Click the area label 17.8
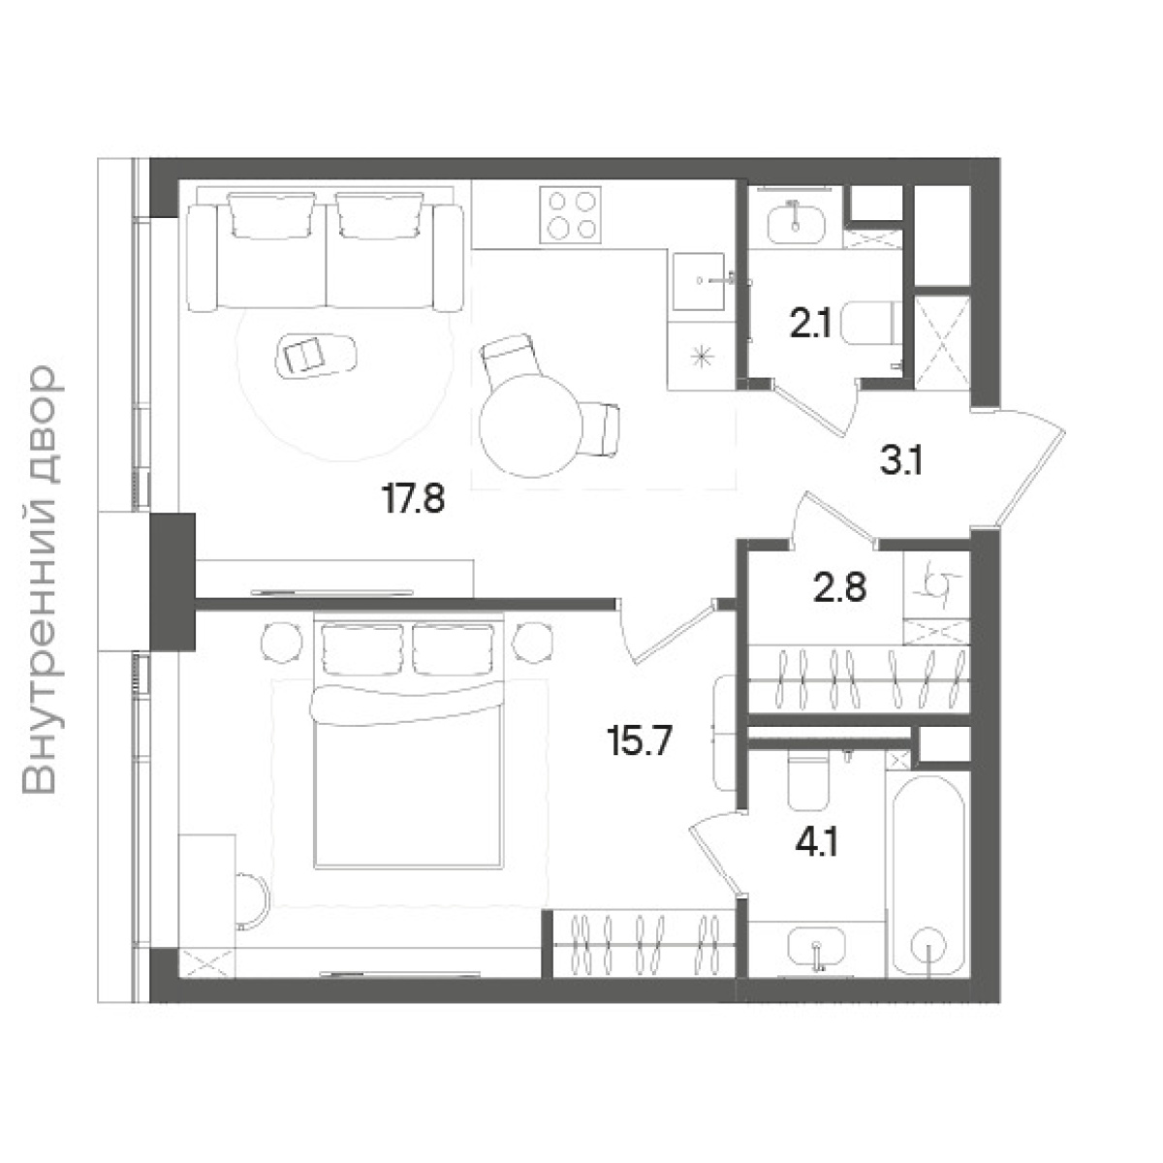[x=414, y=500]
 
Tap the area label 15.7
[x=640, y=741]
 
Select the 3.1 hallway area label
[x=901, y=462]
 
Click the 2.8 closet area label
[x=839, y=587]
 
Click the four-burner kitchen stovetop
[x=570, y=215]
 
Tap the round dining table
[x=531, y=425]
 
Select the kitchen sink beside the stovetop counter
[x=699, y=281]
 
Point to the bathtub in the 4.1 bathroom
[x=927, y=874]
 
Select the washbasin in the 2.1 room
[x=796, y=224]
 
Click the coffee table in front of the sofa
[x=315, y=356]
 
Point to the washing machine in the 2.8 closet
[x=936, y=584]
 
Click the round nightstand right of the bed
[x=533, y=644]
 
